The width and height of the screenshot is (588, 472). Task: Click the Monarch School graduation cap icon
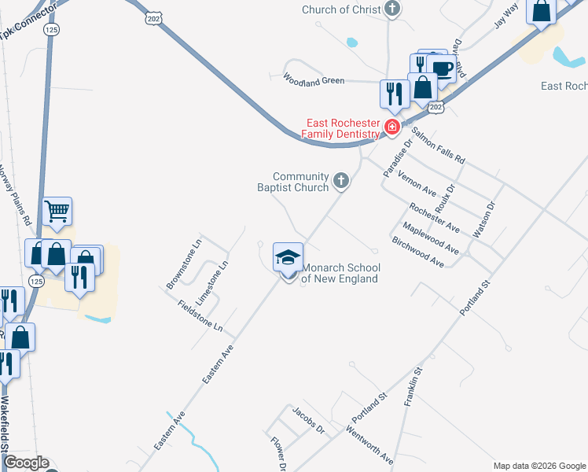(x=288, y=257)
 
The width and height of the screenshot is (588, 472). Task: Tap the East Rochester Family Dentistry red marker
(x=391, y=126)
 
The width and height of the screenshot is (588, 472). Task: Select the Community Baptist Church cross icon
(x=341, y=182)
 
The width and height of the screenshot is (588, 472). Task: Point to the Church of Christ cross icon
(x=392, y=9)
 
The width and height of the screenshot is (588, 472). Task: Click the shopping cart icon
(x=57, y=211)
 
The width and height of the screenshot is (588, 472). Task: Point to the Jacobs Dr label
(x=308, y=421)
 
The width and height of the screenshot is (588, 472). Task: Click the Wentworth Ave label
(x=369, y=445)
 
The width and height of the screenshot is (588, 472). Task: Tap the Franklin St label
(x=413, y=386)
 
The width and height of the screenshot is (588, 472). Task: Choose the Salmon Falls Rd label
(x=439, y=146)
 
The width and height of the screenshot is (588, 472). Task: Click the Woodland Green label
(x=314, y=80)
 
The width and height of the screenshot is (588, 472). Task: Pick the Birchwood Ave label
(x=418, y=253)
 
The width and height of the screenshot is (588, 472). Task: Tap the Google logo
(x=25, y=463)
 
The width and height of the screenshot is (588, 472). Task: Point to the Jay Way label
(x=506, y=16)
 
